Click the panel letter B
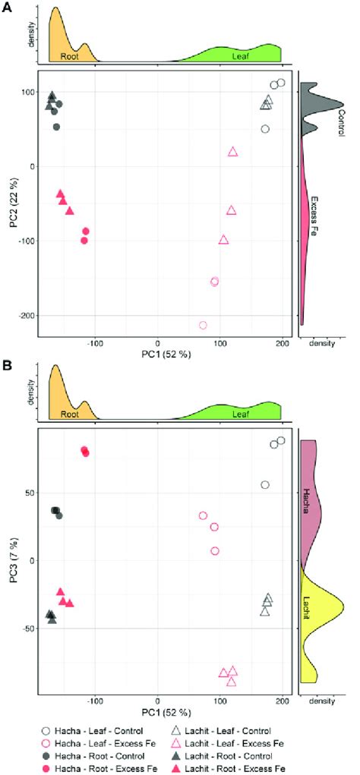click(x=7, y=365)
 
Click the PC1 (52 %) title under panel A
click(x=157, y=354)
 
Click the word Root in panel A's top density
click(x=65, y=55)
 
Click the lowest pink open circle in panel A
click(x=203, y=326)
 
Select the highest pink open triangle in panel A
click(x=233, y=152)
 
